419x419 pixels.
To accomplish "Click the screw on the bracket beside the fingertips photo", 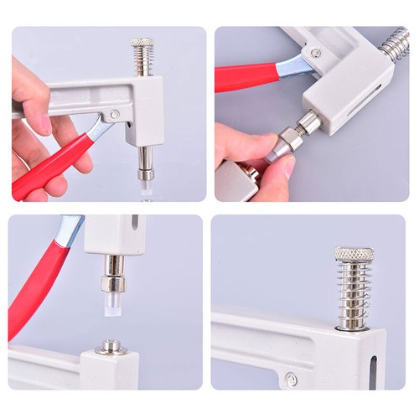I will click(x=315, y=54).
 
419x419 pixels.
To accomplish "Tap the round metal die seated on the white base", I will click(x=109, y=345).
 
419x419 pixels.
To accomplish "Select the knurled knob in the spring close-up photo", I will click(x=354, y=253).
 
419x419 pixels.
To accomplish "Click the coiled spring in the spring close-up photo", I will click(x=354, y=289).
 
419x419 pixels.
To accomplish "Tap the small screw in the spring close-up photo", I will click(x=291, y=380).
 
